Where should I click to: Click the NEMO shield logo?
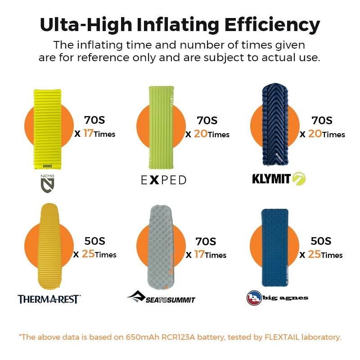[x=48, y=184]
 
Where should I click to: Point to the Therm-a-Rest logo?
[x=49, y=298]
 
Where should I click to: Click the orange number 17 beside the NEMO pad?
[x=88, y=134]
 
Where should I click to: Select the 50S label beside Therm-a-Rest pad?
[x=95, y=241]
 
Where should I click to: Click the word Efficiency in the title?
[x=269, y=24]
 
